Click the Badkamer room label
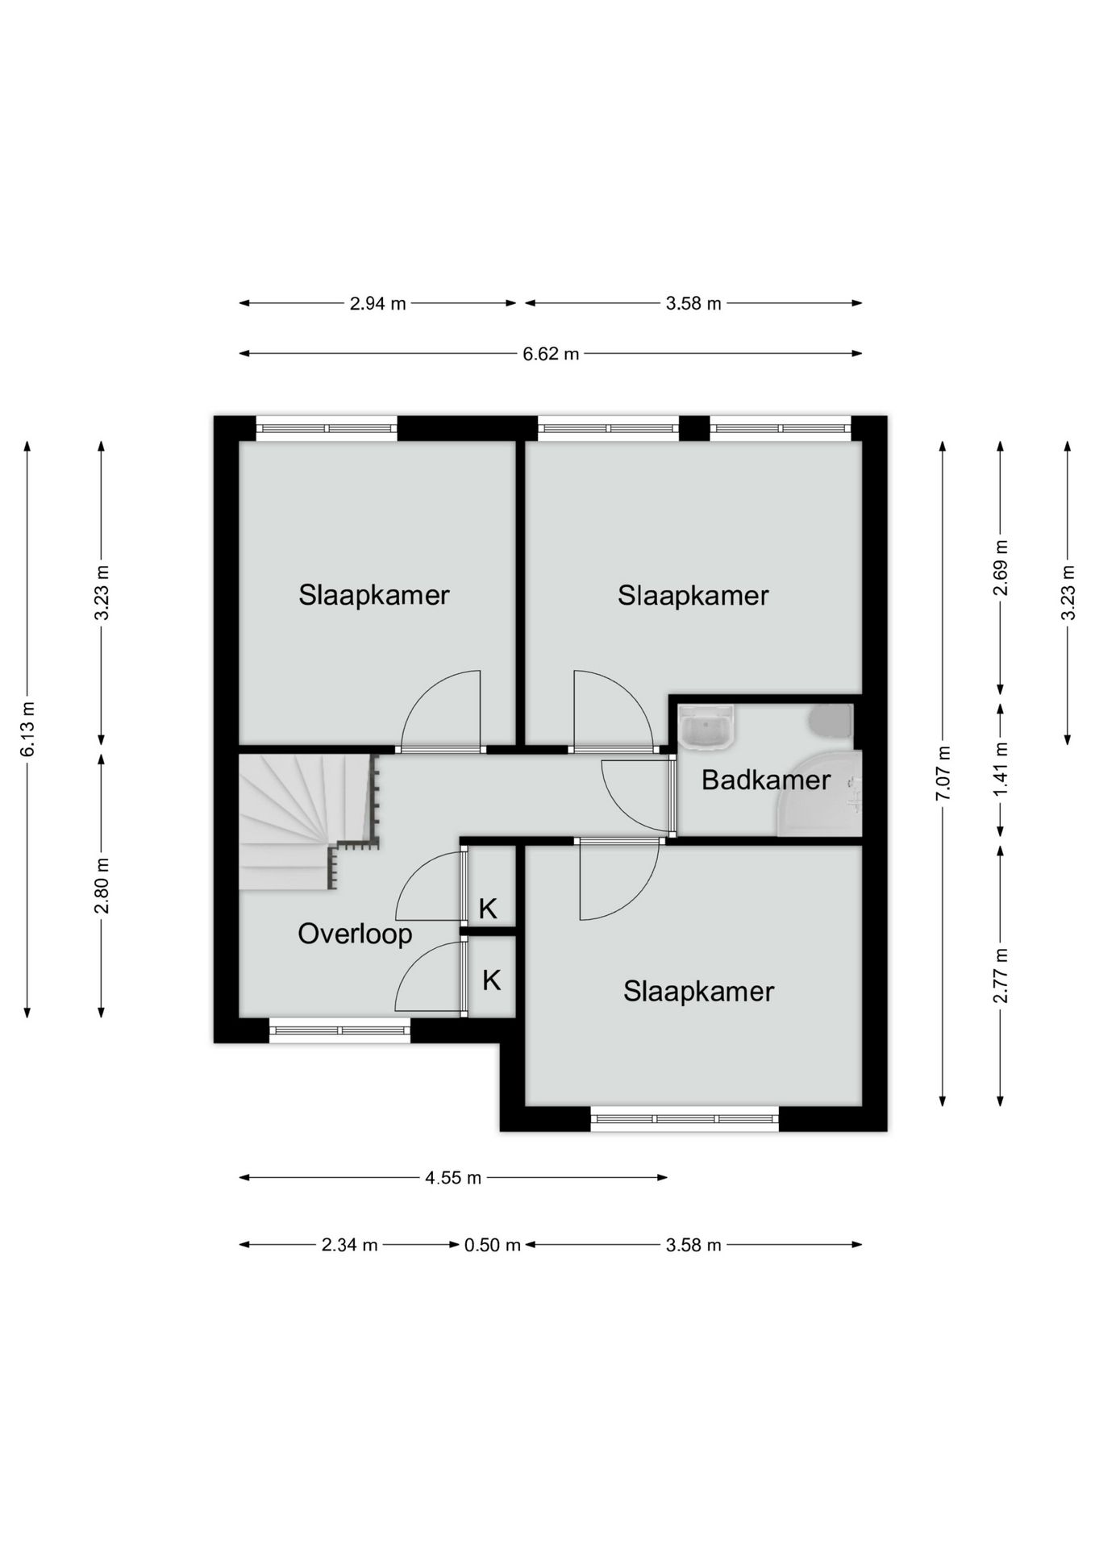(x=765, y=780)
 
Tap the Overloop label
(x=355, y=934)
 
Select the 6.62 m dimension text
(x=551, y=354)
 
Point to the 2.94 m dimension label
(x=377, y=304)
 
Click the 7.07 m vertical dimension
(x=943, y=772)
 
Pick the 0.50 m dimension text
(x=492, y=1245)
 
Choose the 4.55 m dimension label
(x=453, y=1178)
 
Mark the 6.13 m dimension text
(x=27, y=729)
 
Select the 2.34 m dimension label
(x=350, y=1245)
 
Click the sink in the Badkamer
(x=707, y=725)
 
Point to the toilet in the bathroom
(x=831, y=722)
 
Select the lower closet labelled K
(x=492, y=977)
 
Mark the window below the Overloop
(x=339, y=1030)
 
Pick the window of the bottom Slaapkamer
(x=685, y=1119)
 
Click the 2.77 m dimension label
(x=1001, y=976)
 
